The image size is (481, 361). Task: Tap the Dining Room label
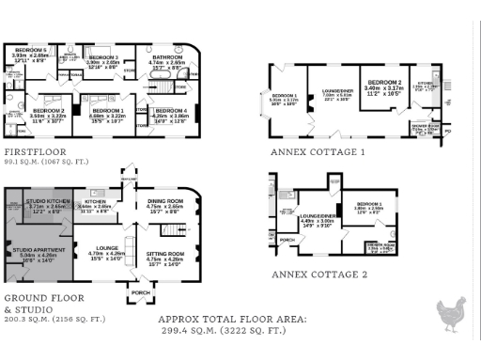(x=165, y=201)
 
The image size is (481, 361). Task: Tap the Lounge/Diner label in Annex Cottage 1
(x=336, y=92)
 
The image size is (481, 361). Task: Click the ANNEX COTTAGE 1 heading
(x=317, y=151)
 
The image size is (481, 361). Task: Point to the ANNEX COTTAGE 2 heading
(x=318, y=275)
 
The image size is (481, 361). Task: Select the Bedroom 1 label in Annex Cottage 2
(x=368, y=205)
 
